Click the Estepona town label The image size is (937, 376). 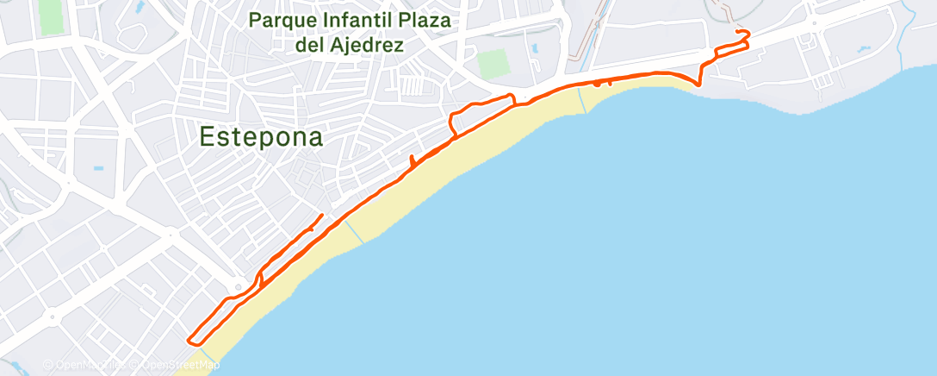click(x=262, y=136)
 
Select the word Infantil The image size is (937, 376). click(x=361, y=20)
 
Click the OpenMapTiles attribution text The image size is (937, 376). click(x=91, y=365)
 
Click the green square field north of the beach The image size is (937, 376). click(x=493, y=62)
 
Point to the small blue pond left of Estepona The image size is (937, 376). click(x=97, y=168)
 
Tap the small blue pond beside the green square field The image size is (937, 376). click(x=535, y=48)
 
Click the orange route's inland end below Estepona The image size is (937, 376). click(x=322, y=215)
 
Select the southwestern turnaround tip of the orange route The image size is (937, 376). click(x=189, y=338)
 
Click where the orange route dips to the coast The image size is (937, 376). click(x=698, y=84)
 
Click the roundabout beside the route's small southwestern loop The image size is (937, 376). click(x=239, y=288)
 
